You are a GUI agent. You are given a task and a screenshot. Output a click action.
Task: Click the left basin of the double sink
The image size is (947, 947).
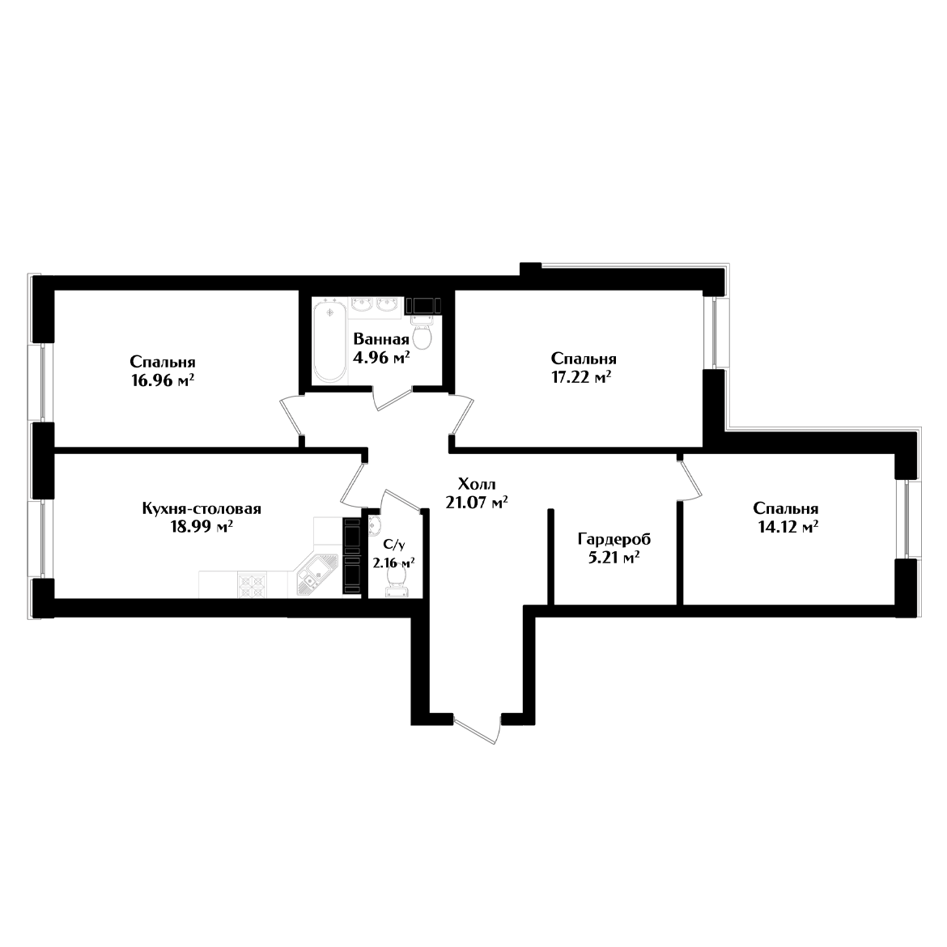click(361, 306)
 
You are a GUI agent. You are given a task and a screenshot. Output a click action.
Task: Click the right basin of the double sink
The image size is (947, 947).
click(388, 306)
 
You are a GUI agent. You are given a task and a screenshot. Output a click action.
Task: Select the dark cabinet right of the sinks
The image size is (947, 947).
click(423, 306)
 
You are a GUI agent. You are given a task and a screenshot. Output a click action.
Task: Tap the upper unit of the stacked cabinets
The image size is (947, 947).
click(351, 534)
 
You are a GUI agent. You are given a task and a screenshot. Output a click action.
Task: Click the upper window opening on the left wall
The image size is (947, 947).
click(61, 382)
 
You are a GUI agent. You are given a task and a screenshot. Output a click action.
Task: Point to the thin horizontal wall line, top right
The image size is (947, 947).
click(631, 265)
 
